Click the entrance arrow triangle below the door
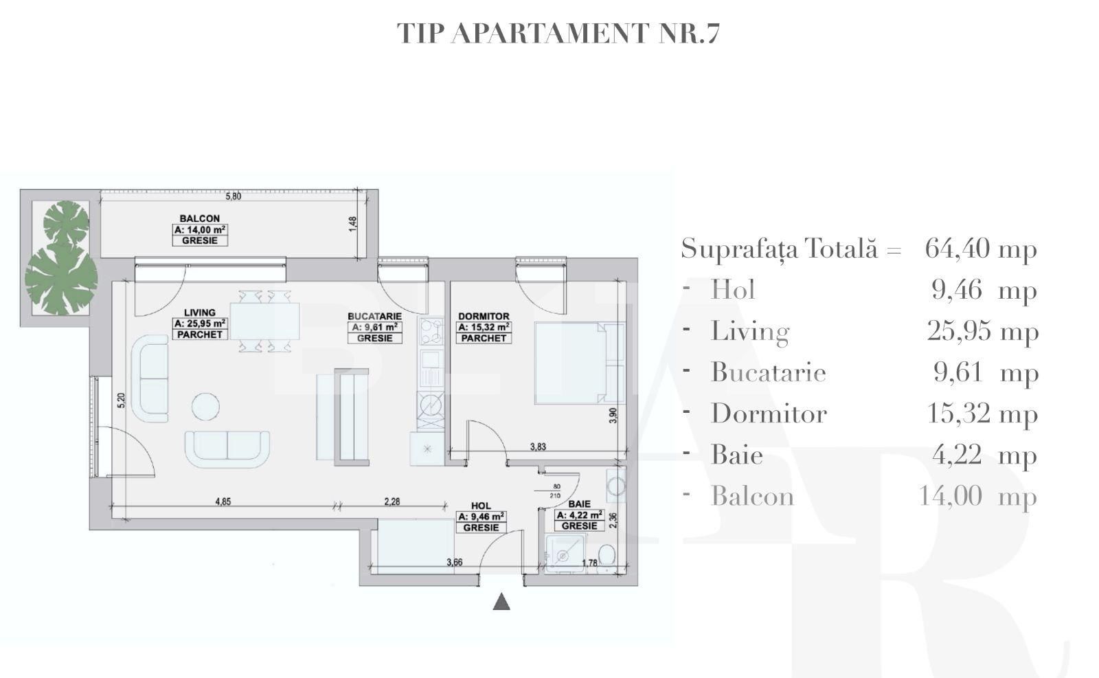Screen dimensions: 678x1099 tap(501, 602)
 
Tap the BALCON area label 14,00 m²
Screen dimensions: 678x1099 tap(199, 230)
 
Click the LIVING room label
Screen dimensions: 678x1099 tap(200, 313)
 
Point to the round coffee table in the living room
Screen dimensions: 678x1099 tap(205, 406)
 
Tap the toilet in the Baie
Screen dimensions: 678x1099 tap(607, 555)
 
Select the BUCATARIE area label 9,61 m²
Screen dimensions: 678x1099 tap(374, 328)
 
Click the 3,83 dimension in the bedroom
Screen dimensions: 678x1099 tap(538, 447)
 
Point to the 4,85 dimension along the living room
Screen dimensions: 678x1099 tap(223, 502)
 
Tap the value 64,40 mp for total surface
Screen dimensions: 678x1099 tap(980, 248)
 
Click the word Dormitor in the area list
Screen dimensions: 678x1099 tap(769, 414)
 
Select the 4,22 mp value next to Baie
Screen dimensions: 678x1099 tap(984, 455)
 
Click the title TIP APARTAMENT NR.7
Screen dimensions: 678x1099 tap(558, 33)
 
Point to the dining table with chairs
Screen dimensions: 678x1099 tap(264, 321)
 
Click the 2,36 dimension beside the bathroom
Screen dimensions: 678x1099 tap(613, 521)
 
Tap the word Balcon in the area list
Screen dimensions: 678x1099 tap(752, 496)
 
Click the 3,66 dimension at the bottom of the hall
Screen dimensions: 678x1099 tap(454, 563)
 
